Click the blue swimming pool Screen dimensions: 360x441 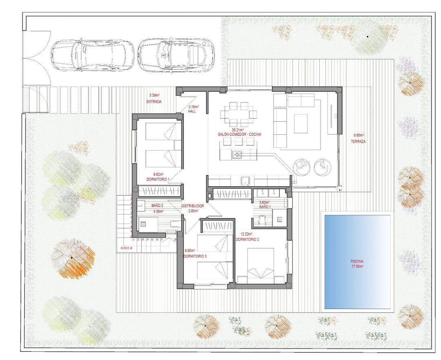pyautogui.click(x=357, y=261)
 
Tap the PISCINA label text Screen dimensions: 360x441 pyautogui.click(x=357, y=261)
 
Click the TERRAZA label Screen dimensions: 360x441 pyautogui.click(x=358, y=142)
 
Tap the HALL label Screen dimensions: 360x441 pyautogui.click(x=193, y=111)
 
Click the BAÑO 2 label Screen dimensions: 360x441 pyautogui.click(x=158, y=206)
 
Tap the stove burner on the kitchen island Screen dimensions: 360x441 pyautogui.click(x=237, y=154)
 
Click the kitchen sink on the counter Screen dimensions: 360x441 pyautogui.click(x=245, y=180)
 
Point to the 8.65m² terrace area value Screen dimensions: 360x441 pyautogui.click(x=359, y=135)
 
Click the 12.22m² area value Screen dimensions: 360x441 pyautogui.click(x=247, y=234)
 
